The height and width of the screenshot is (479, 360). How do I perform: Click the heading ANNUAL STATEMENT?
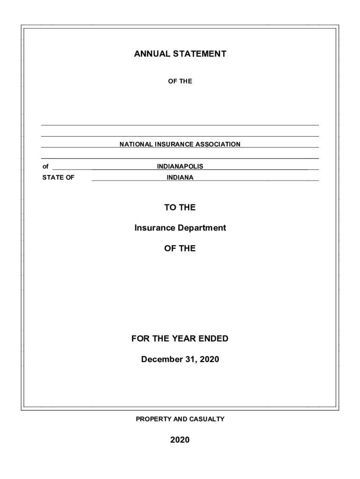(180, 54)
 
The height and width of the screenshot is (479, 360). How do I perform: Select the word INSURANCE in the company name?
(176, 145)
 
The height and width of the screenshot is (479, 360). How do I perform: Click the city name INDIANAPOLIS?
(180, 167)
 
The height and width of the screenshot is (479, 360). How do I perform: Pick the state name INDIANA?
(180, 178)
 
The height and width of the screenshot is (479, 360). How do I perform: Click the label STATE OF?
(58, 178)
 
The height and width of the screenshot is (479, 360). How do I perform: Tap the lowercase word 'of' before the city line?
(45, 167)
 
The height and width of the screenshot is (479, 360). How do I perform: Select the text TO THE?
(180, 207)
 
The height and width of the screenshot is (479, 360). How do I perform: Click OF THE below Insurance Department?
(180, 248)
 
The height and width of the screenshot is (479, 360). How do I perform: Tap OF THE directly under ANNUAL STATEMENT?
(180, 81)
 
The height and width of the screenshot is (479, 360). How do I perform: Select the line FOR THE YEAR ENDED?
(180, 338)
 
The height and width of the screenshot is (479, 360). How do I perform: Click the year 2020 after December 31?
(209, 359)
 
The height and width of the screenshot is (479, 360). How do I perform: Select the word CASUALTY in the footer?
(207, 419)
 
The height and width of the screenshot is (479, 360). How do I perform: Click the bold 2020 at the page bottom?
(180, 440)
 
